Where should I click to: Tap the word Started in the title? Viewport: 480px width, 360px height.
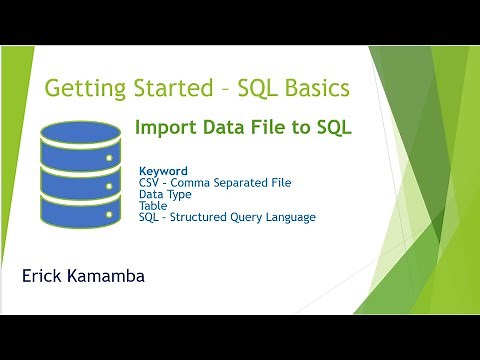click(172, 89)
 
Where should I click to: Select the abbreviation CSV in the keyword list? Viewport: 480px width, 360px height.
click(151, 183)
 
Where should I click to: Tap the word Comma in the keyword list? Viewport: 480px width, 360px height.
click(196, 183)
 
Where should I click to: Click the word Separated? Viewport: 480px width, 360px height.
click(245, 183)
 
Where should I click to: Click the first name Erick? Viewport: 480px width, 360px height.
click(43, 272)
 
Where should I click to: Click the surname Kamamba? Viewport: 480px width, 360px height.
click(112, 272)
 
